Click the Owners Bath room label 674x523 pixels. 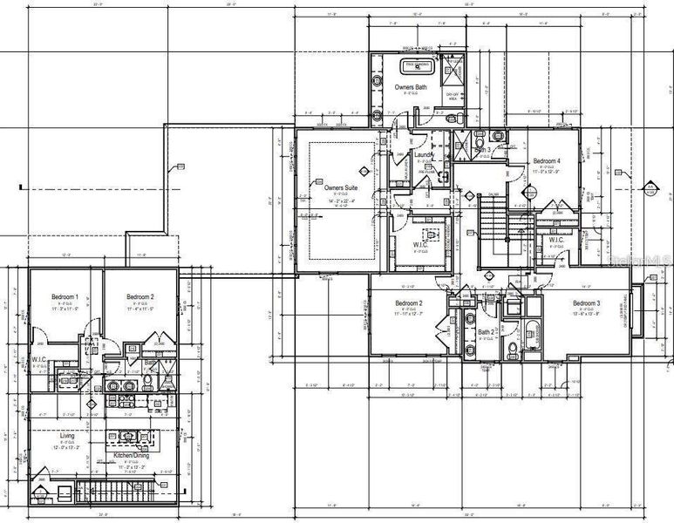pyautogui.click(x=410, y=87)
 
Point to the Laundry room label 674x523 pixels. pyautogui.click(x=425, y=154)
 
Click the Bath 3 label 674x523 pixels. pyautogui.click(x=484, y=151)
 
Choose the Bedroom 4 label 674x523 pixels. pyautogui.click(x=547, y=161)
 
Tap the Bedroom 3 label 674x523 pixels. pyautogui.click(x=586, y=303)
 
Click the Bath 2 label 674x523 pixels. pyautogui.click(x=487, y=332)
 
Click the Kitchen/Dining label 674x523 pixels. pyautogui.click(x=129, y=456)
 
